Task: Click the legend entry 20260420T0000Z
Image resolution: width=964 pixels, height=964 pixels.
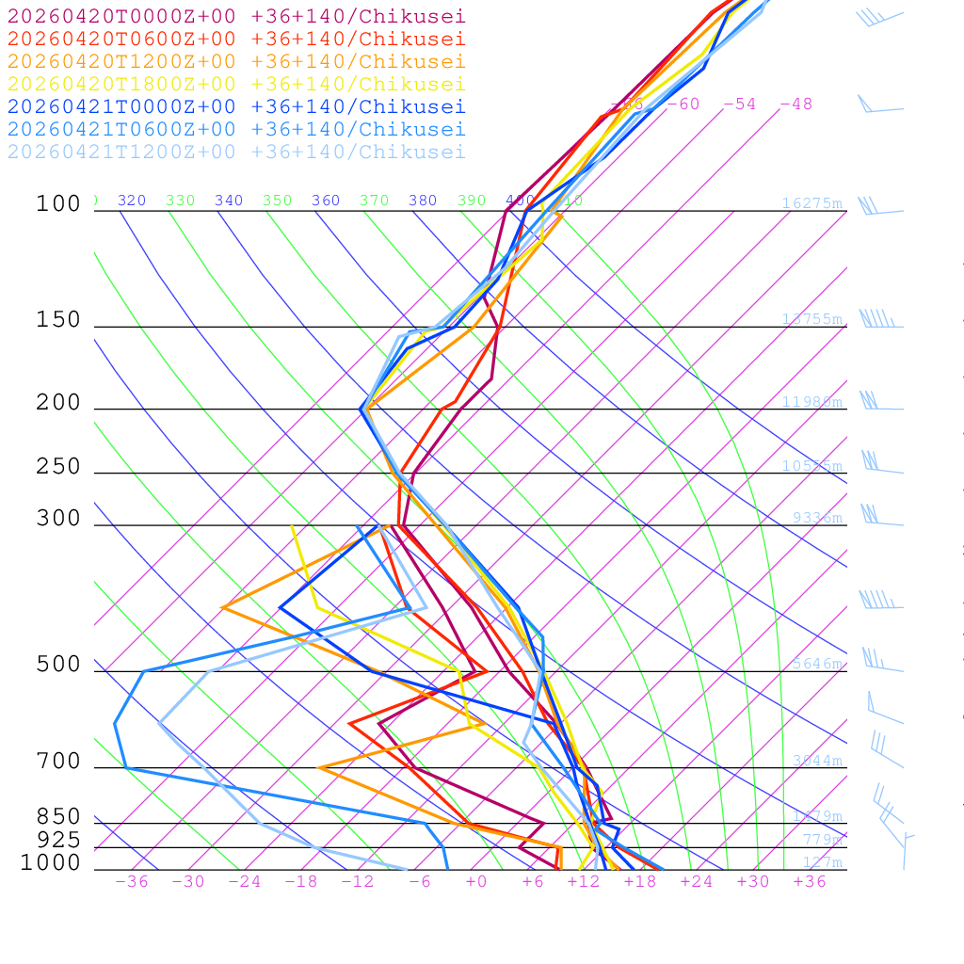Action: (x=235, y=16)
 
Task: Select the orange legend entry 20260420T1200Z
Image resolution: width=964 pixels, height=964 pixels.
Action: (x=235, y=61)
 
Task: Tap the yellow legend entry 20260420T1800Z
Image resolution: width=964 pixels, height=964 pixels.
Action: (x=235, y=84)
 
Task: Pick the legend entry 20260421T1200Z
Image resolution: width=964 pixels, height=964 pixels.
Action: (x=235, y=152)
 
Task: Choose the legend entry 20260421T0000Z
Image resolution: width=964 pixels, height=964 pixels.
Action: (x=235, y=106)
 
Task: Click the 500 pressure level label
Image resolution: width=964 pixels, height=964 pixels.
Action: (x=58, y=665)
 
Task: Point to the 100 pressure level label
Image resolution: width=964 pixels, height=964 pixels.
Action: (x=58, y=203)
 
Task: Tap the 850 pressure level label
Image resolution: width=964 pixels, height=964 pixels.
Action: (x=58, y=817)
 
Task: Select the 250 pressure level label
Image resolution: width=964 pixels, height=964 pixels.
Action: (x=58, y=467)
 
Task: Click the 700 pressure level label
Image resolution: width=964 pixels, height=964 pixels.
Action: (x=58, y=762)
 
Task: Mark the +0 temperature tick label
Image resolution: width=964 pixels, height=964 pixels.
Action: (x=476, y=881)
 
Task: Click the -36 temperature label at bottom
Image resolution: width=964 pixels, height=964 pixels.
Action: (x=132, y=881)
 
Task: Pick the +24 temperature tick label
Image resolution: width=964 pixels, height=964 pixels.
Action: (x=697, y=881)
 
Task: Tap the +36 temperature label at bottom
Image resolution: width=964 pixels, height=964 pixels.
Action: (x=810, y=881)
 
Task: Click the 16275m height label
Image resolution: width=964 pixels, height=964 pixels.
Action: (x=811, y=203)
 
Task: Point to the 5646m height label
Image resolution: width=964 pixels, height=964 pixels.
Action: (x=816, y=664)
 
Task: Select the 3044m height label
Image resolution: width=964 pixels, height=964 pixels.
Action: (x=816, y=761)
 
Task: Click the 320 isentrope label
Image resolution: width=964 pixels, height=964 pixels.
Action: (x=132, y=201)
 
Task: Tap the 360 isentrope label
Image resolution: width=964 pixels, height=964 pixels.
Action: (x=326, y=201)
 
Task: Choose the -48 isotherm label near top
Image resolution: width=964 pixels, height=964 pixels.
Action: (x=795, y=104)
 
